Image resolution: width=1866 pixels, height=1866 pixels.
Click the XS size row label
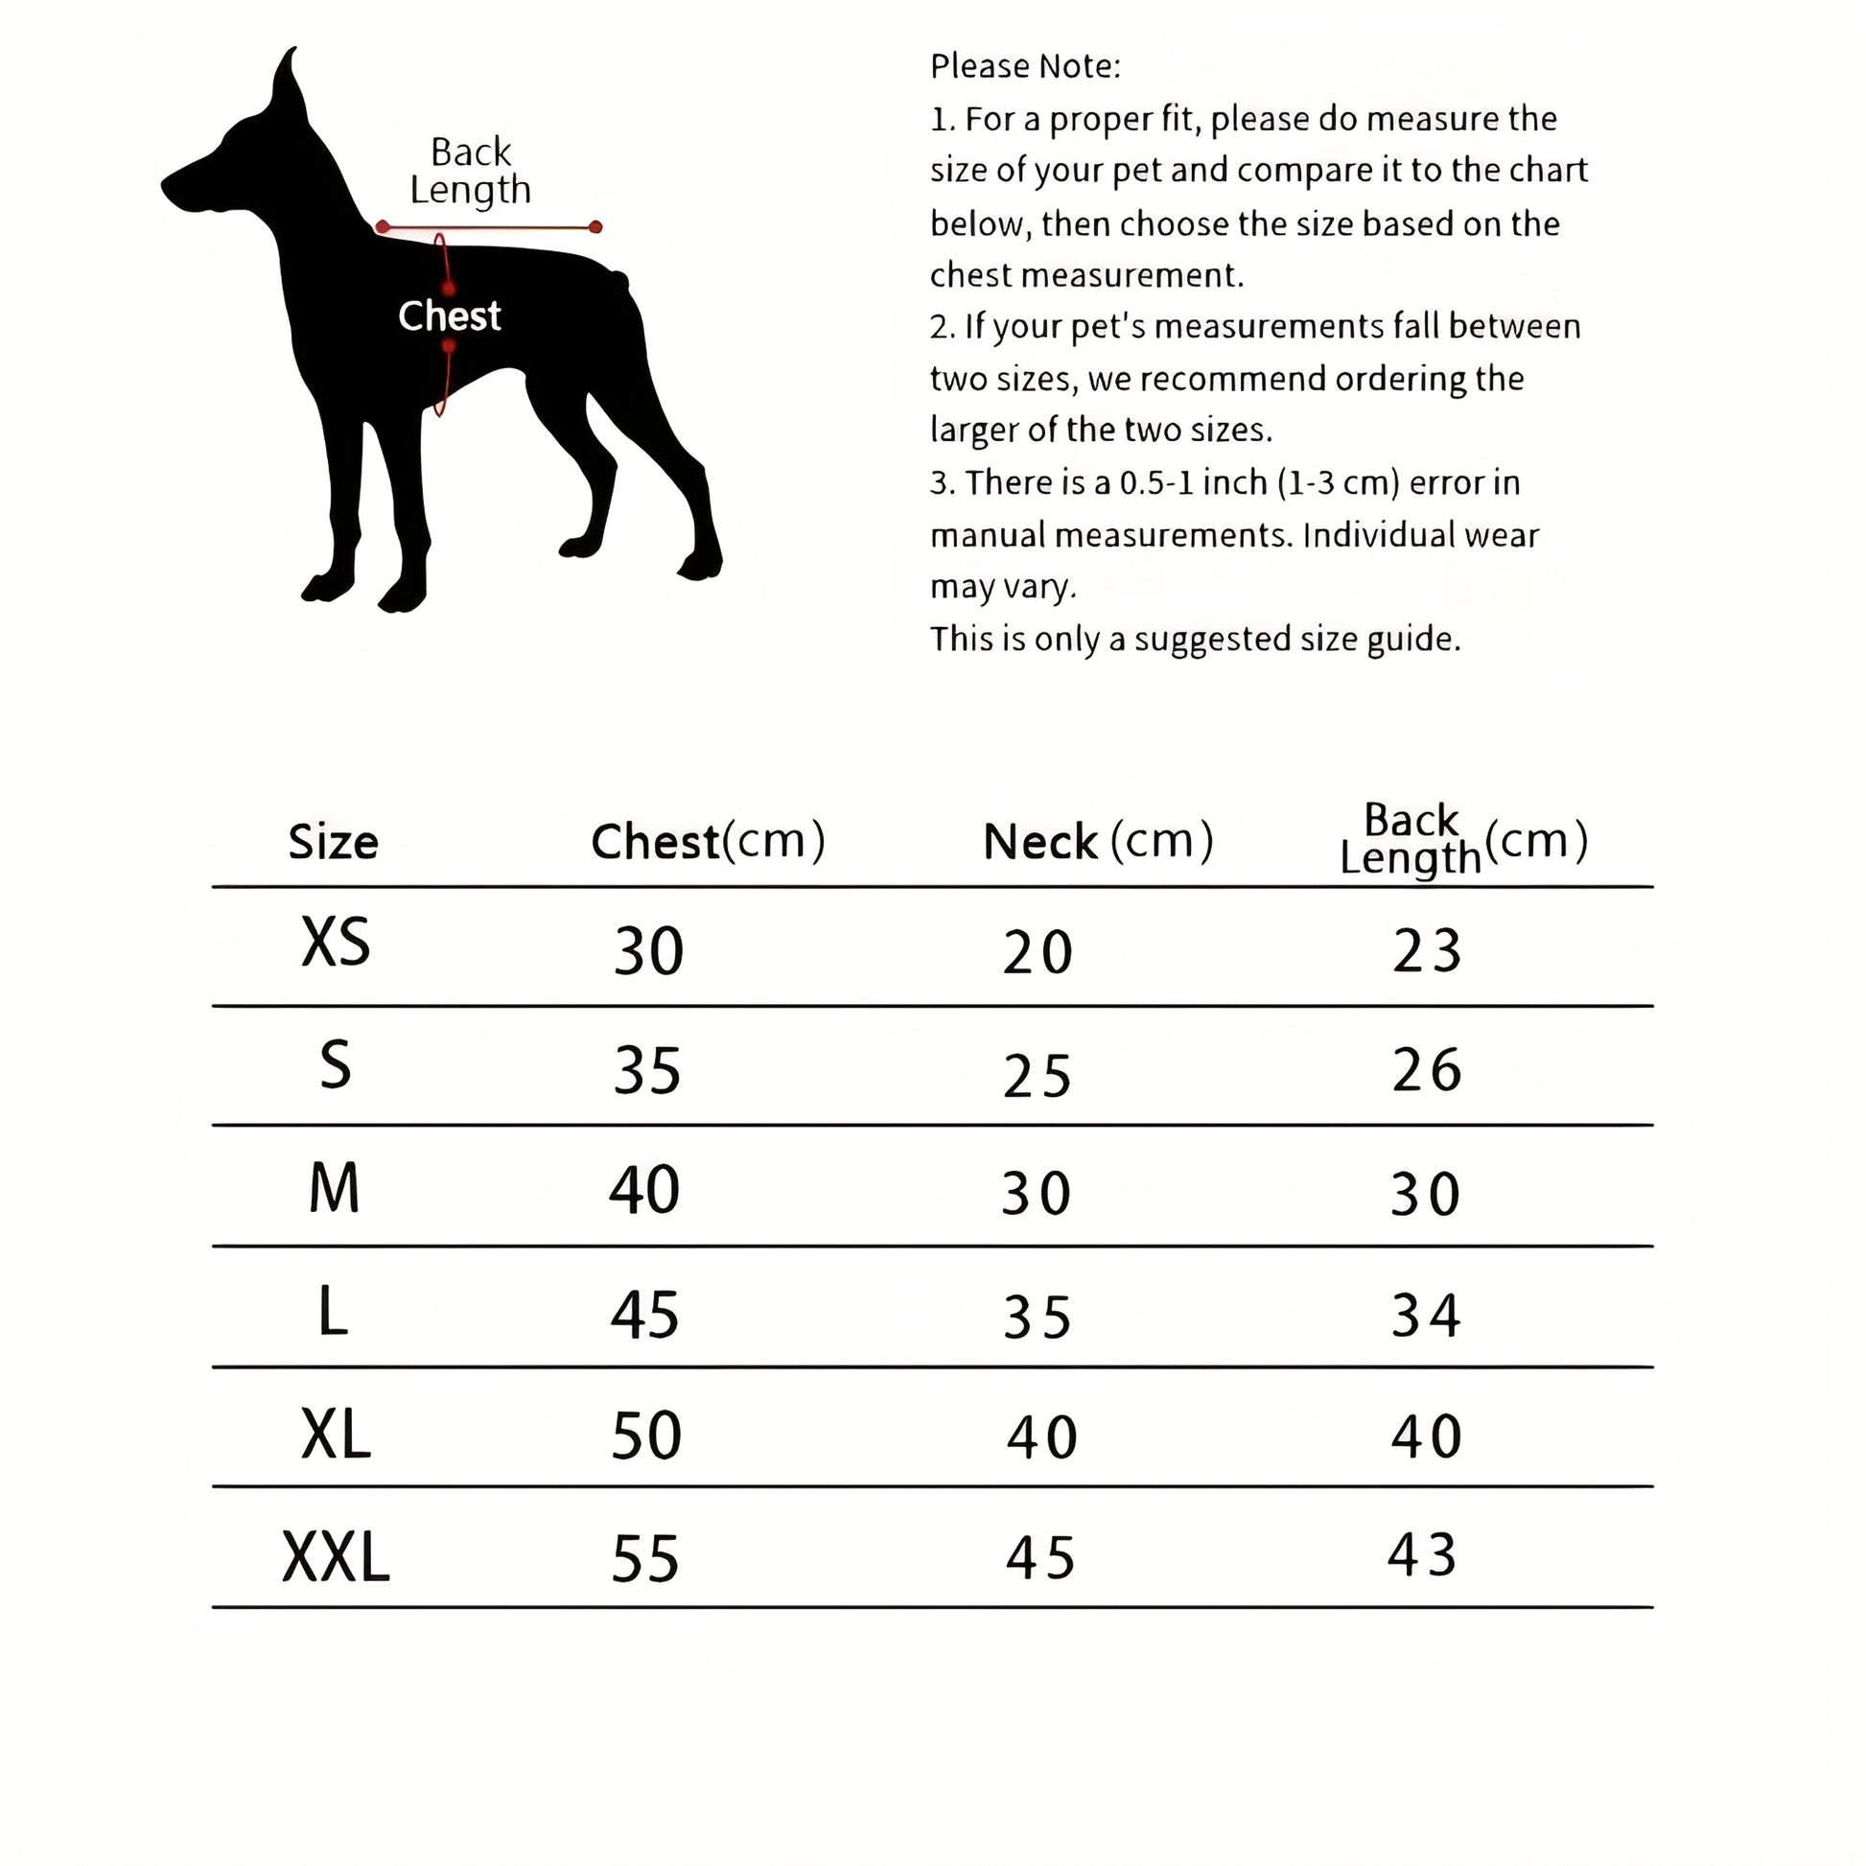coord(336,942)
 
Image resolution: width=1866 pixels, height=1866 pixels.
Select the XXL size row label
coord(336,1557)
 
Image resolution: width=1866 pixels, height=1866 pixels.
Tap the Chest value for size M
coord(644,1189)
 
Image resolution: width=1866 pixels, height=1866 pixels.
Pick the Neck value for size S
coord(1038,1076)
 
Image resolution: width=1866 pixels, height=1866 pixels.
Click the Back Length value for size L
coord(1426,1315)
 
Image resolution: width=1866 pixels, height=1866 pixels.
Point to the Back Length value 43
coord(1422,1555)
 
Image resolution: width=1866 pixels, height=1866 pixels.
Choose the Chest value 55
coord(645,1558)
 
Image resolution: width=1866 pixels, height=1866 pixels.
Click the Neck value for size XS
coord(1038,952)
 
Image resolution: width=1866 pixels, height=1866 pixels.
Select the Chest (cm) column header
coord(708,840)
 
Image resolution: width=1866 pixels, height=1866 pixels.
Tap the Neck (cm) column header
coord(1097,840)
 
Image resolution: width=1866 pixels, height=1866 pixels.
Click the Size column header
coord(334,842)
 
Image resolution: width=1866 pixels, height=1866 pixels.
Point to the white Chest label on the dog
coord(449,315)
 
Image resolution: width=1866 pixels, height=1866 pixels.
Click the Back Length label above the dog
coord(471,171)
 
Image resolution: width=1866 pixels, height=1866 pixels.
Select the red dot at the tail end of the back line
coord(595,227)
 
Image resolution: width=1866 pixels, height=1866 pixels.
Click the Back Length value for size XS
coord(1427,950)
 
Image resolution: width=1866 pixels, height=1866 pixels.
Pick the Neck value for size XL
coord(1041,1437)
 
